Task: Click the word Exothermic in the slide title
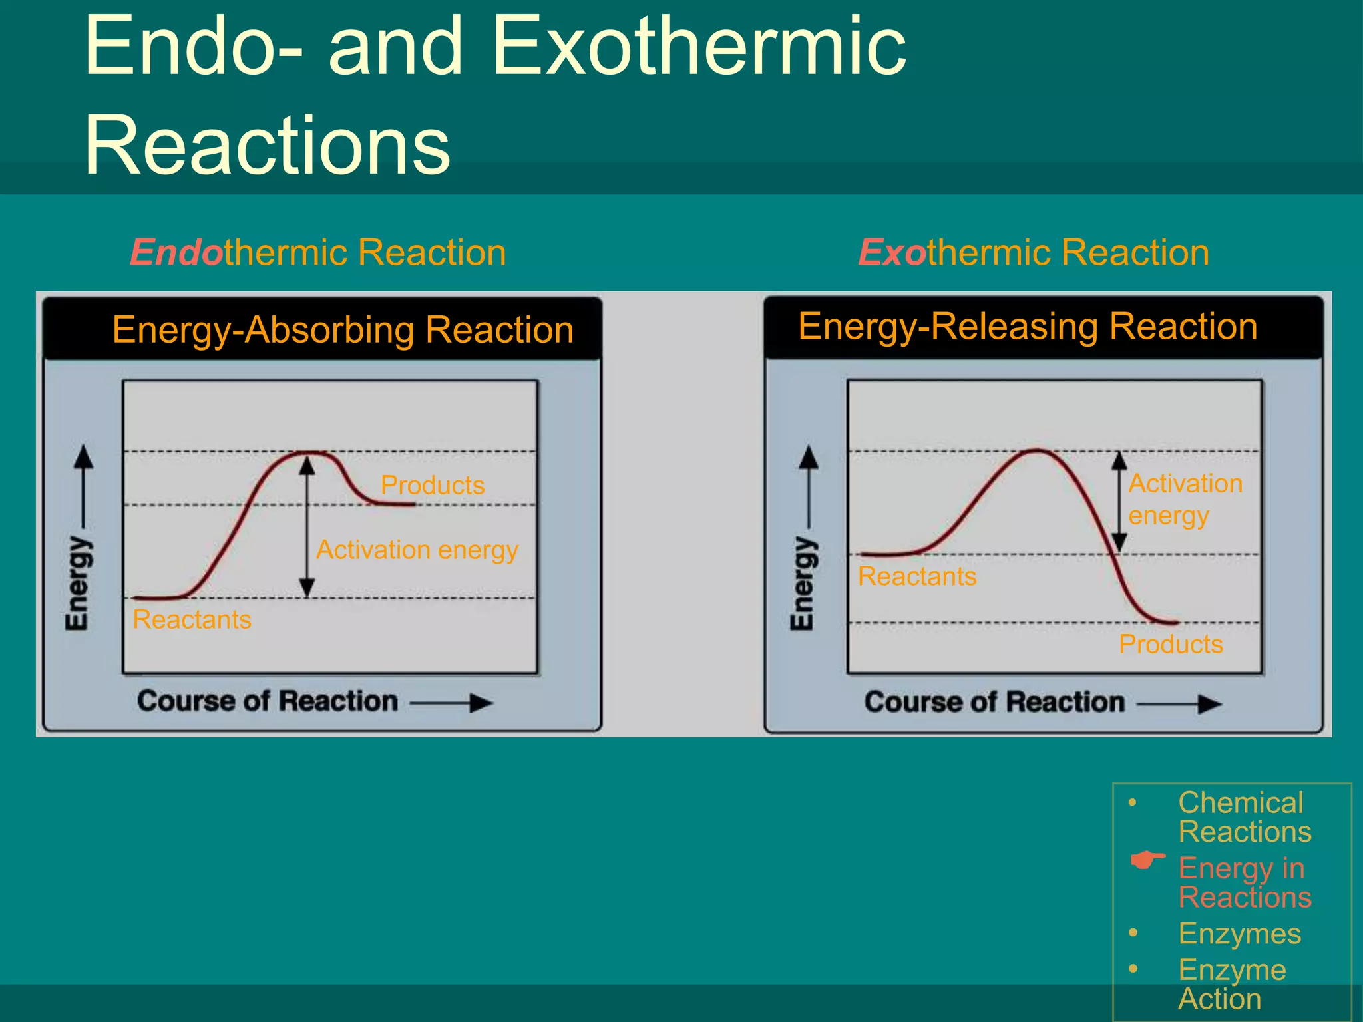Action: click(x=699, y=47)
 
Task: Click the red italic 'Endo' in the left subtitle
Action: click(x=176, y=253)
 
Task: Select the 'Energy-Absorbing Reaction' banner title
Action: click(x=343, y=330)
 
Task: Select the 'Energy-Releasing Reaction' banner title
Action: click(x=1028, y=327)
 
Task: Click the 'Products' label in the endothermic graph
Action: click(x=433, y=485)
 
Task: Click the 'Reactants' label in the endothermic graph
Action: click(x=192, y=620)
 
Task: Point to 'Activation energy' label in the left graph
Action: click(x=417, y=550)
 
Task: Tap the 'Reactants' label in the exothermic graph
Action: click(x=917, y=576)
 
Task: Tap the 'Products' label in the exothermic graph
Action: click(x=1171, y=644)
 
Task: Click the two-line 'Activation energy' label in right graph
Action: click(x=1185, y=499)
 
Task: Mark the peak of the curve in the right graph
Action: click(x=1037, y=450)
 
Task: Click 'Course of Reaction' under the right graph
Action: click(x=994, y=702)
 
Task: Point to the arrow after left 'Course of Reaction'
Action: click(x=453, y=703)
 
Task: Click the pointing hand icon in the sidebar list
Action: click(x=1147, y=860)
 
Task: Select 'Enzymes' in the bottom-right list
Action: click(x=1239, y=934)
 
